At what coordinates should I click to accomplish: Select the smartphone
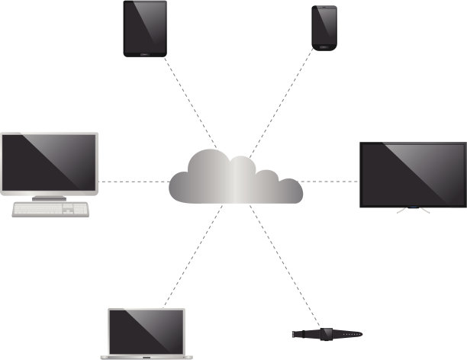[324, 27]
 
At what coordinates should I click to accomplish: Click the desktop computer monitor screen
[49, 161]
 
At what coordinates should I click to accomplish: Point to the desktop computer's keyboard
[50, 208]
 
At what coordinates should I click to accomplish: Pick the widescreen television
[413, 174]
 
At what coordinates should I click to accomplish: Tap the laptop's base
[147, 355]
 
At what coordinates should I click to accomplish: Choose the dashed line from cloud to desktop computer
[134, 182]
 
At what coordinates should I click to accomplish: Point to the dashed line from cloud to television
[330, 182]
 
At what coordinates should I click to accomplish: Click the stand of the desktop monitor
[50, 196]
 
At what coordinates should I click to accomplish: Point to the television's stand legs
[413, 209]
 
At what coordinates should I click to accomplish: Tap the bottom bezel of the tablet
[145, 53]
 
